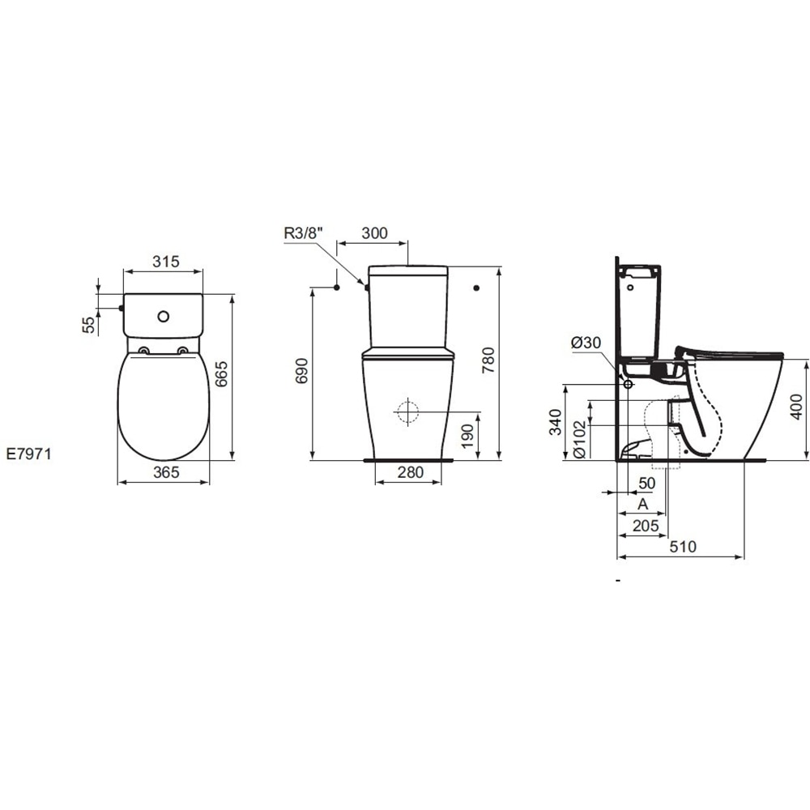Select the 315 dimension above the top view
coord(165,261)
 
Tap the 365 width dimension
coord(165,472)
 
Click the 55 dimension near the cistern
coord(87,324)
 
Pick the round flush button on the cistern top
coord(164,314)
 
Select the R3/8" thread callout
coord(305,234)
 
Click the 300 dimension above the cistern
coord(373,233)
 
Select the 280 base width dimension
coord(410,472)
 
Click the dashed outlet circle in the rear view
coord(407,411)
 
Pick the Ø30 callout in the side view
coord(586,343)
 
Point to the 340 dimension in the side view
coord(556,421)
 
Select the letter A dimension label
coord(643,504)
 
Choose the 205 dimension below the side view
coord(645,526)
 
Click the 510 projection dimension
coord(682,547)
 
